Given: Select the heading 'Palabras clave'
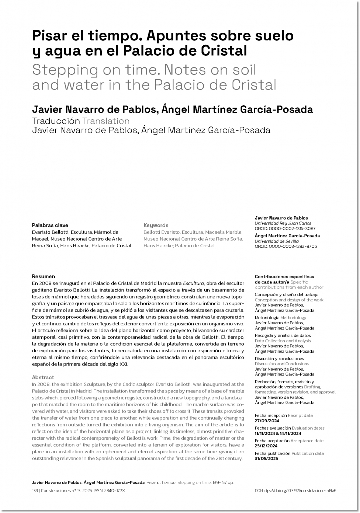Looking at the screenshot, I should pos(50,225).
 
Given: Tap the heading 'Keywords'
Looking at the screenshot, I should pos(156,225).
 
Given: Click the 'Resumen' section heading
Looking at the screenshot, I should pos(43,276).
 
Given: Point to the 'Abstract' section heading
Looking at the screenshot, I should pos(43,376).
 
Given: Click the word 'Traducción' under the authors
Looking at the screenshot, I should pos(56,121).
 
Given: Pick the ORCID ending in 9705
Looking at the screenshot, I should pos(285,246).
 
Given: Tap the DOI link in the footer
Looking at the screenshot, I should pos(295,491).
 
